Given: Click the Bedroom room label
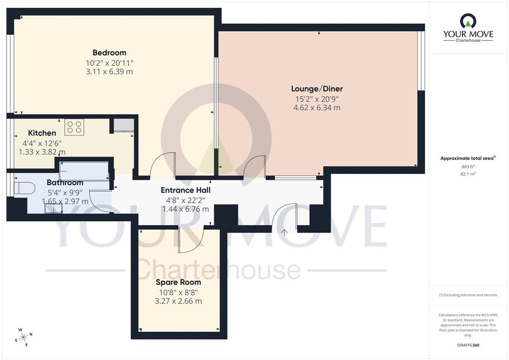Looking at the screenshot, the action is click(109, 52).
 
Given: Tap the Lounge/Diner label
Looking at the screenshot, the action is click(317, 89).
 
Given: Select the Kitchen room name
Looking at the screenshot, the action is click(42, 133).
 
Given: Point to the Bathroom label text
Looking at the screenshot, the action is click(65, 182).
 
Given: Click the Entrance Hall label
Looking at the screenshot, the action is click(186, 190).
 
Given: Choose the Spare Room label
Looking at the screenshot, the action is click(178, 282).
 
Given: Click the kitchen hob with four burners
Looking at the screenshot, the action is click(74, 127).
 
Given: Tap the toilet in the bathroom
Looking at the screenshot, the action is click(25, 188).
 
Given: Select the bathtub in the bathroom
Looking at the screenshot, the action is click(84, 171).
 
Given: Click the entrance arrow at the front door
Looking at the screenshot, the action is click(284, 232).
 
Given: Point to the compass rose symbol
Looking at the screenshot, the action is click(23, 337).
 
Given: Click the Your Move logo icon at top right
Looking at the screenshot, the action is click(468, 21).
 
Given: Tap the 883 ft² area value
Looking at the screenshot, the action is click(468, 167).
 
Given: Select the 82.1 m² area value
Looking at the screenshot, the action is click(468, 174).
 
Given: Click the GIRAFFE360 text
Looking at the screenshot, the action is click(468, 345).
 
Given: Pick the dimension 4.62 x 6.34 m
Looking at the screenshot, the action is click(317, 108).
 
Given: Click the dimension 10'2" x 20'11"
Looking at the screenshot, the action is click(109, 62).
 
